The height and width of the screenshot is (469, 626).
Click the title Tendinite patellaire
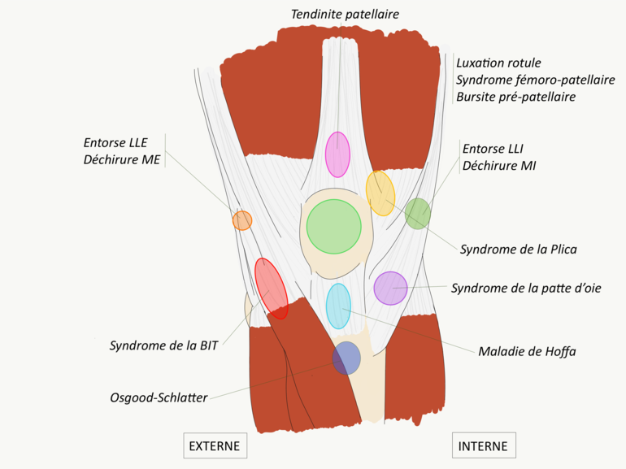[x=346, y=14]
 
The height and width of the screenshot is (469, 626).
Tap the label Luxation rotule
[x=498, y=63]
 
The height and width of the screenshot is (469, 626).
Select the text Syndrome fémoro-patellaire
[x=535, y=80]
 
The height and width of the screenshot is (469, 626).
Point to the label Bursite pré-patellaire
[x=515, y=97]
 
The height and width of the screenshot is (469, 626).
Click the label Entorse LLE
[x=115, y=142]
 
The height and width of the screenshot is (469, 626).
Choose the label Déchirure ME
[x=121, y=159]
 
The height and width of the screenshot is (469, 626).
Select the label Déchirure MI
[x=498, y=166]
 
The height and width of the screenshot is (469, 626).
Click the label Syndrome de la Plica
[x=518, y=250]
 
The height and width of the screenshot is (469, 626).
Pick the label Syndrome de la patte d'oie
[x=525, y=288]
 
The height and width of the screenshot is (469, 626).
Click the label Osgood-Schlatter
[x=159, y=397]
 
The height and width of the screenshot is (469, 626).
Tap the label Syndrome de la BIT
[x=165, y=345]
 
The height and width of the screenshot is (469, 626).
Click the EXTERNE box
[x=215, y=446]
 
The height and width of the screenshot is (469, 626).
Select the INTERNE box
[x=483, y=446]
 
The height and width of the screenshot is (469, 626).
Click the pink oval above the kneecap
[x=337, y=154]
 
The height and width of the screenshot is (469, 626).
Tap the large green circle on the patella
[x=333, y=225]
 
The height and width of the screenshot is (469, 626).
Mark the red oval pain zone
[x=271, y=288]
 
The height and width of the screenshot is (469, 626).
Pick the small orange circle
[x=242, y=220]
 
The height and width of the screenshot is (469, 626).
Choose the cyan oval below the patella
[x=338, y=306]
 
